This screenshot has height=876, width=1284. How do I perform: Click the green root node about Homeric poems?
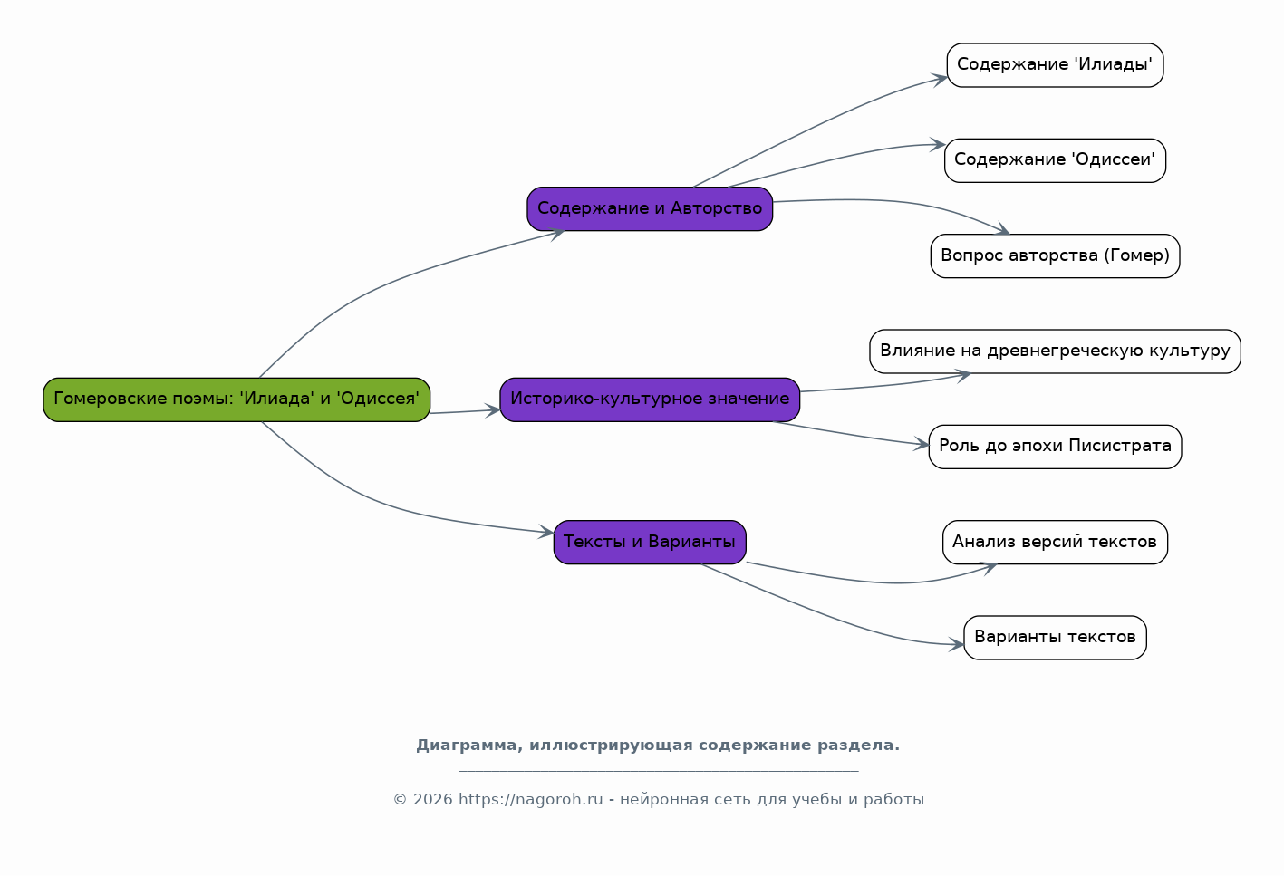[237, 399]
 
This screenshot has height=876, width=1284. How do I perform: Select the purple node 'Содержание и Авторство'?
[650, 209]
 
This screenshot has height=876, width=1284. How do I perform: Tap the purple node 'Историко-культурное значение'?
[650, 399]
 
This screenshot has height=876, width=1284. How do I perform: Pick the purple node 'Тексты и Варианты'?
[650, 543]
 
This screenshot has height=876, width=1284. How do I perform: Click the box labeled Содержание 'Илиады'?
[1056, 65]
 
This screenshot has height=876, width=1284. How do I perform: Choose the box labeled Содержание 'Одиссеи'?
[1056, 160]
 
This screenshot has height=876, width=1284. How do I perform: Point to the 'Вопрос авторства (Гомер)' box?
[1056, 256]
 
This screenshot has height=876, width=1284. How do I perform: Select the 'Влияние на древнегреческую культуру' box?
[1056, 351]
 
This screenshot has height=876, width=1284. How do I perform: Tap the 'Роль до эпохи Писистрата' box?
[1056, 447]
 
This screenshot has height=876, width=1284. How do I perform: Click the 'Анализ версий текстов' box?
[1056, 543]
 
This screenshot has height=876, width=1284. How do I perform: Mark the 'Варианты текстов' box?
[1056, 638]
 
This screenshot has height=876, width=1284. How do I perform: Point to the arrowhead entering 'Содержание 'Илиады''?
[940, 79]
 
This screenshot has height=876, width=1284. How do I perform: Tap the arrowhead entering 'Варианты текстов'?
[957, 644]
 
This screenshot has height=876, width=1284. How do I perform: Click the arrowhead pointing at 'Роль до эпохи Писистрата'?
[922, 444]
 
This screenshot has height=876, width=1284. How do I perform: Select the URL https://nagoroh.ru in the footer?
[531, 800]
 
